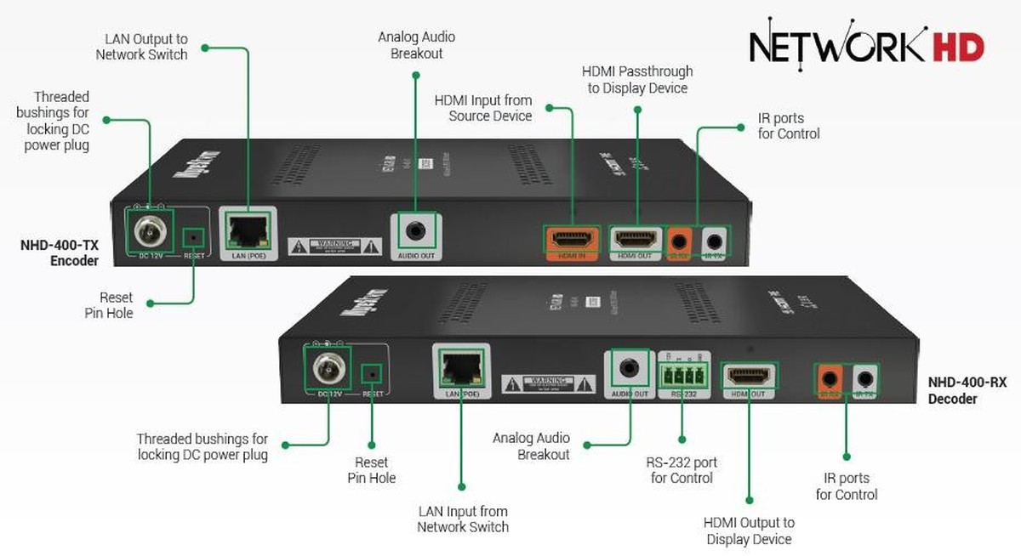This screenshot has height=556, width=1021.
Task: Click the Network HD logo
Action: (866, 44)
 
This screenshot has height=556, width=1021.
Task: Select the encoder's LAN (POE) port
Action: (248, 228)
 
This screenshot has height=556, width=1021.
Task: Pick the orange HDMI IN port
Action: (570, 238)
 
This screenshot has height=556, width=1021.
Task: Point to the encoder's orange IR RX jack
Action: (678, 239)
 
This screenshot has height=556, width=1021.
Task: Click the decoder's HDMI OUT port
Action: (749, 375)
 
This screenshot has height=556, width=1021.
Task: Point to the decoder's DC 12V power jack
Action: (327, 368)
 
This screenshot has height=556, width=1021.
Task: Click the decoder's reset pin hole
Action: (371, 372)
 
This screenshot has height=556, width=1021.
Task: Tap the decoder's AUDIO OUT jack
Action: (629, 369)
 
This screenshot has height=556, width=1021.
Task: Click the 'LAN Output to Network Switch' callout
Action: (141, 47)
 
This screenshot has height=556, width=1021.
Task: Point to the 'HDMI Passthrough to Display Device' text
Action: (637, 79)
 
